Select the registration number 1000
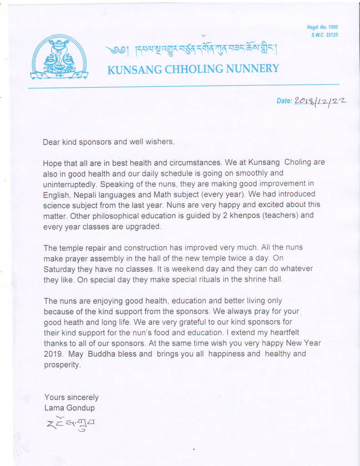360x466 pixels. click(x=331, y=27)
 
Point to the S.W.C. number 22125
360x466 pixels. click(x=331, y=35)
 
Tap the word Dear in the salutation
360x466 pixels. click(x=51, y=142)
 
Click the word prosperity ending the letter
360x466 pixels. click(x=62, y=365)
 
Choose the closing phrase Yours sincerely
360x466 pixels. click(x=71, y=397)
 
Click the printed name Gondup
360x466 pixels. click(x=79, y=408)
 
